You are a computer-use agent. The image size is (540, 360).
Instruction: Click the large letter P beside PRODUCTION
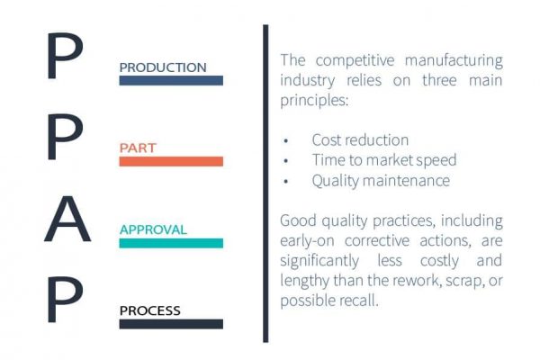65,58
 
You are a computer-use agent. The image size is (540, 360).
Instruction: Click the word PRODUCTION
163,67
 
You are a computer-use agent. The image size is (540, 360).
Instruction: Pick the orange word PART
138,148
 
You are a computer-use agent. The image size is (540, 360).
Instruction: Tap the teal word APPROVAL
153,229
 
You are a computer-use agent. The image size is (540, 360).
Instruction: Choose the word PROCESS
150,310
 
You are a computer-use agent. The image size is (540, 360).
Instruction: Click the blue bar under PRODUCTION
171,80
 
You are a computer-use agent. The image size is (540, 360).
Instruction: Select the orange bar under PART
171,161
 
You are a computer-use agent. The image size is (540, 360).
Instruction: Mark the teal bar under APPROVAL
171,243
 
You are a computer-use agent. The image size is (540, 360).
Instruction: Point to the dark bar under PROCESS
171,324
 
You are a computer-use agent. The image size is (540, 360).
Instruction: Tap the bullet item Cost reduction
360,140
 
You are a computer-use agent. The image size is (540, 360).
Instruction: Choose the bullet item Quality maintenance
381,180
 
